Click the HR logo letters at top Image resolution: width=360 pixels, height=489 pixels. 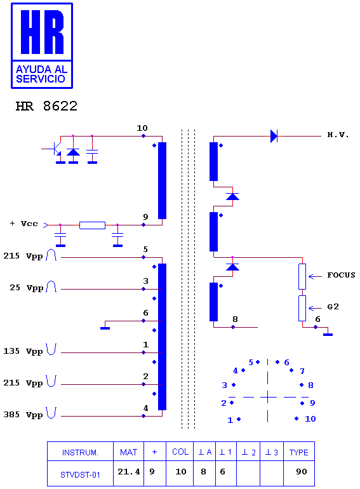42,32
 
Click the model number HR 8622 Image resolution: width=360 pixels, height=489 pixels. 46,106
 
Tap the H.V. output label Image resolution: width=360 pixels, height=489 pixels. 338,135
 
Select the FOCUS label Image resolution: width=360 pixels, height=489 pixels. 341,275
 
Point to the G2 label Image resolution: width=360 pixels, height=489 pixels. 333,307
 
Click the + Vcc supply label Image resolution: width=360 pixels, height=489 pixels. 23,224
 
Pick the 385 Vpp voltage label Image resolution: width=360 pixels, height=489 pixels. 23,415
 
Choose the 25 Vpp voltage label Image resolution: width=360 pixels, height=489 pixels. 26,288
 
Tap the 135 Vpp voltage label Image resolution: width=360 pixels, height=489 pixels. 23,351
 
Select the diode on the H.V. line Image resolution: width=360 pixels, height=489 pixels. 274,137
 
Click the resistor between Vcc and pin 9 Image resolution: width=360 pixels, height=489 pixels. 92,225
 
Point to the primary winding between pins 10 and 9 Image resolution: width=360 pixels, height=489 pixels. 162,180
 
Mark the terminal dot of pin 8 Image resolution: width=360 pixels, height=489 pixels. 233,327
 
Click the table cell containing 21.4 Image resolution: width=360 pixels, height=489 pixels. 128,472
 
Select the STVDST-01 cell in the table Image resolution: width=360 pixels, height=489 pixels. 80,474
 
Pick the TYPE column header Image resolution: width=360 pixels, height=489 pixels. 298,452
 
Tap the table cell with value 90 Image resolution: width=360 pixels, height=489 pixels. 301,471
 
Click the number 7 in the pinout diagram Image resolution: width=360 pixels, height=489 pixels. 302,371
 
